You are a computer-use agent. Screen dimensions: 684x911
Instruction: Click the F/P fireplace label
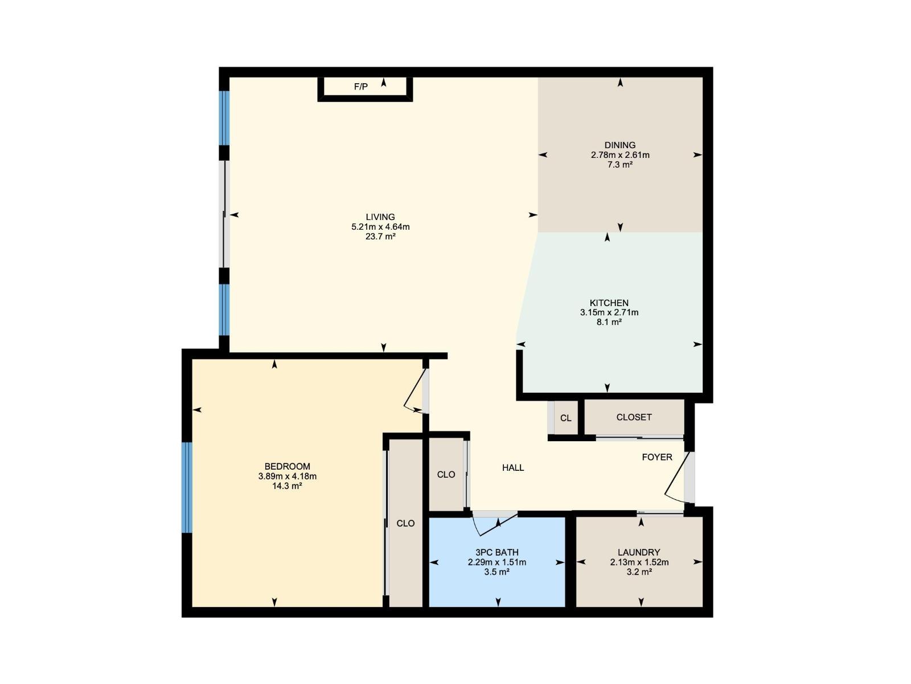(x=361, y=87)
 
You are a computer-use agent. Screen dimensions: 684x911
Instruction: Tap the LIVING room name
(x=380, y=217)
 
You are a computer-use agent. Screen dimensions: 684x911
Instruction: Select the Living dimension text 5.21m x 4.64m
(x=380, y=227)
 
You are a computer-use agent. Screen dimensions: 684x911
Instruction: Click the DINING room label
(x=620, y=145)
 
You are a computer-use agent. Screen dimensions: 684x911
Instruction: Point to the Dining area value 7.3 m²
(x=620, y=165)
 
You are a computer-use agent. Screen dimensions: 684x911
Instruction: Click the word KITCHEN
(x=609, y=303)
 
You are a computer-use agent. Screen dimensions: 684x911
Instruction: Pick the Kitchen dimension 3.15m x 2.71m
(x=609, y=313)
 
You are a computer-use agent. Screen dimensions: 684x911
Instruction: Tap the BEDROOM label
(x=287, y=467)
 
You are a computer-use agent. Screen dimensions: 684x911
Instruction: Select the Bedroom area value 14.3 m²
(x=287, y=486)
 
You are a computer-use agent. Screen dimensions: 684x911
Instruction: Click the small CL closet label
(x=565, y=418)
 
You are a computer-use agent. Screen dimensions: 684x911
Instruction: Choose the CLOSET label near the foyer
(x=634, y=417)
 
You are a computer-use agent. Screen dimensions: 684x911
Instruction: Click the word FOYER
(x=657, y=457)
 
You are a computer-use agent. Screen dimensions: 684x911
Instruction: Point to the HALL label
(x=513, y=468)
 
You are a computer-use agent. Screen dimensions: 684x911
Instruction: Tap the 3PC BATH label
(x=496, y=552)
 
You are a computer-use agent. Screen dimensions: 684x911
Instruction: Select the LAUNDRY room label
(x=639, y=552)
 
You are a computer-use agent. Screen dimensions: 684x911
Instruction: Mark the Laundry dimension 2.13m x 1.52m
(x=639, y=562)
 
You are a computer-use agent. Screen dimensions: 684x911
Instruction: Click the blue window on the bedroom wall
(x=187, y=487)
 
